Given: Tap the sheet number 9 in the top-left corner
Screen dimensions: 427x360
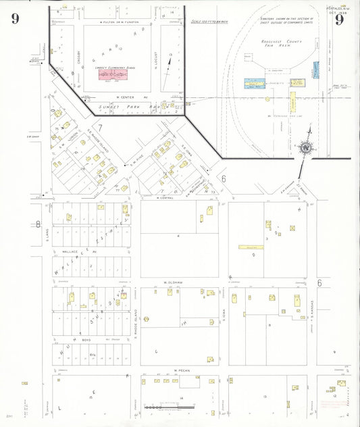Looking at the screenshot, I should click(15, 18).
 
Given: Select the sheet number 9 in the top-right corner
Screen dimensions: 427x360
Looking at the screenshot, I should click(339, 19).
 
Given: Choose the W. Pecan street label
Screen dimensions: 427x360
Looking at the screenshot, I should click(178, 370).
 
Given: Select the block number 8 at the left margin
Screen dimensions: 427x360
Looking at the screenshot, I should click(38, 224).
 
